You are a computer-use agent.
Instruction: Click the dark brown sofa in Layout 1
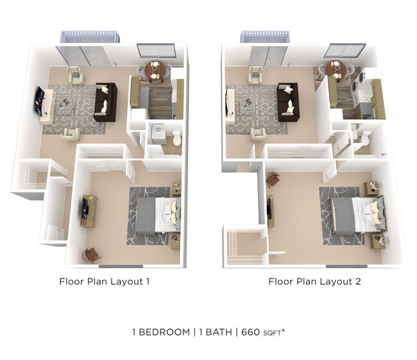(x=105, y=101)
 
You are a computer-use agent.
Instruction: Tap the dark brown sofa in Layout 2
(x=287, y=101)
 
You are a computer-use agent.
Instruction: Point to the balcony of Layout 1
(x=90, y=37)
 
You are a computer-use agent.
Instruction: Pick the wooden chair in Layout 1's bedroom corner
(x=90, y=254)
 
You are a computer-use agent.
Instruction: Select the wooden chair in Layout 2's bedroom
(x=273, y=178)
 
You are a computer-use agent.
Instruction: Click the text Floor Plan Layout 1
(x=105, y=281)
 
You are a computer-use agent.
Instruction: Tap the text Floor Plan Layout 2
(x=313, y=281)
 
